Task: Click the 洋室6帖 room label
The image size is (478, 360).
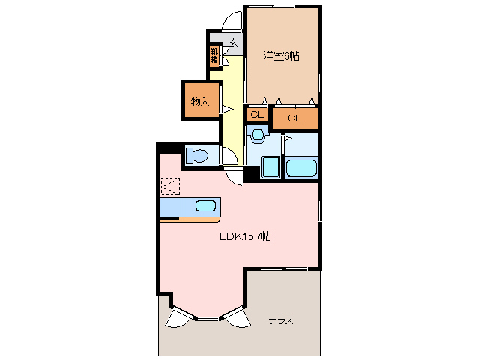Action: pyautogui.click(x=281, y=55)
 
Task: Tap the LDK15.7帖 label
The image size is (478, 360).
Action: pyautogui.click(x=245, y=235)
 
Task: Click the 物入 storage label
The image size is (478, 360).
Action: pyautogui.click(x=199, y=100)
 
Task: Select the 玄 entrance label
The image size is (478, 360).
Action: pyautogui.click(x=233, y=42)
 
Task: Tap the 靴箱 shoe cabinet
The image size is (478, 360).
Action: pyautogui.click(x=214, y=55)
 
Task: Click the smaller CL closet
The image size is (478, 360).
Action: pyautogui.click(x=256, y=115)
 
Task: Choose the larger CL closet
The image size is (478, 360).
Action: pyautogui.click(x=294, y=118)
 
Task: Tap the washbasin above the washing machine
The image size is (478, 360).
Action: pyautogui.click(x=258, y=136)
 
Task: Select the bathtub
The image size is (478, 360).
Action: pyautogui.click(x=302, y=167)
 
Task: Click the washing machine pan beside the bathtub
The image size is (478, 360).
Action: pyautogui.click(x=270, y=168)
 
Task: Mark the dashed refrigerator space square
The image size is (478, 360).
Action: pyautogui.click(x=170, y=187)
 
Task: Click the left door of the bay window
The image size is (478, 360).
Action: pyautogui.click(x=178, y=318)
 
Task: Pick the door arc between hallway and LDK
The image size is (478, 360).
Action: pyautogui.click(x=236, y=174)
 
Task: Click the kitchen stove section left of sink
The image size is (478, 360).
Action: pyautogui.click(x=170, y=206)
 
